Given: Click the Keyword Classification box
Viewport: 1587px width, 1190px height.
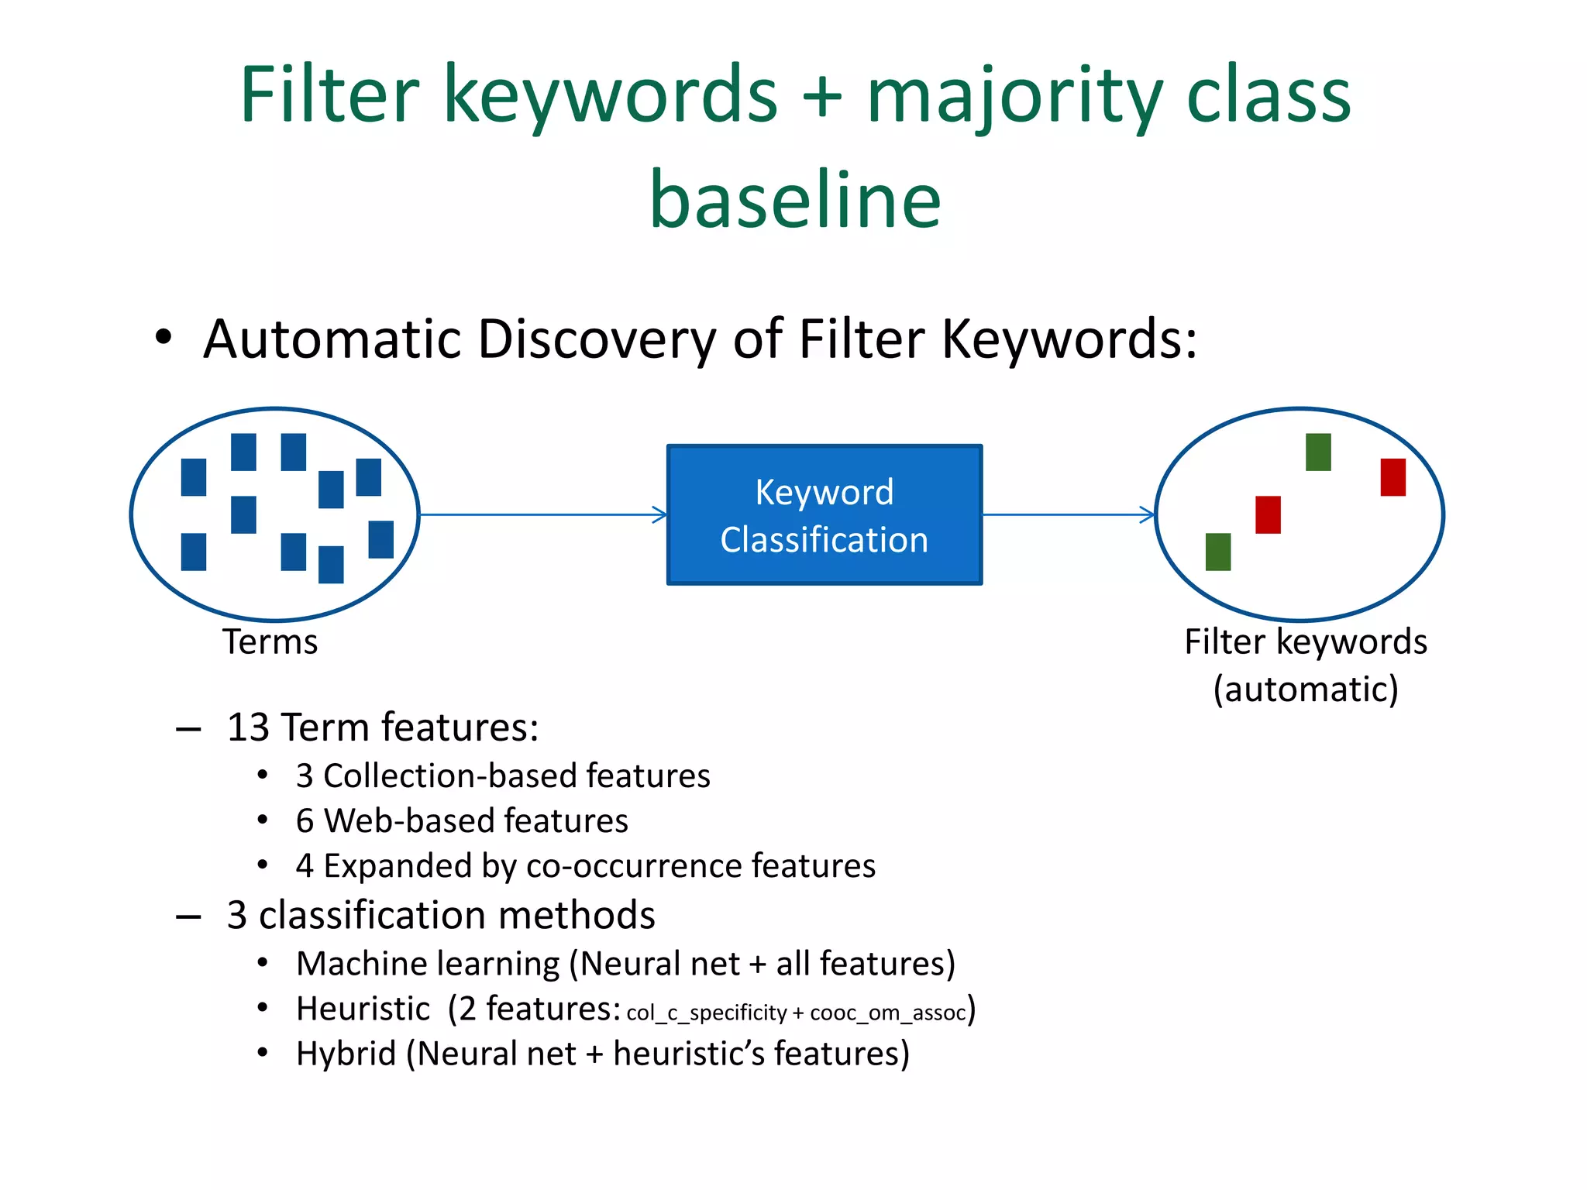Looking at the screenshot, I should [x=824, y=515].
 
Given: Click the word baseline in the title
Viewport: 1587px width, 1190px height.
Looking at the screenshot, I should [x=795, y=200].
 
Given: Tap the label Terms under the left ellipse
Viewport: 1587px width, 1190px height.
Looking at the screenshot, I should [x=270, y=642].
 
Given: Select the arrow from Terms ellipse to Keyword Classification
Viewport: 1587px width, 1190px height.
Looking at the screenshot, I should [x=542, y=514].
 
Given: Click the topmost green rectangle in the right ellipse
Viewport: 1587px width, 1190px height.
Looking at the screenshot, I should [x=1317, y=452].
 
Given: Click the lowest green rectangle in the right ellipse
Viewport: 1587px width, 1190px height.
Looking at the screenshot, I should [x=1217, y=552].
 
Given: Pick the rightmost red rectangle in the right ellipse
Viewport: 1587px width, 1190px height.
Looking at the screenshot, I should [x=1392, y=477].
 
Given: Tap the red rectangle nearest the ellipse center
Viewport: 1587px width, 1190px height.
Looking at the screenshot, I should [x=1268, y=514].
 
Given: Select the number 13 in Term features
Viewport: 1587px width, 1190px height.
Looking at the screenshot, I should [x=248, y=728].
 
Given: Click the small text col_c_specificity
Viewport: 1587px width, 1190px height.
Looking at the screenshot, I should [x=706, y=1013].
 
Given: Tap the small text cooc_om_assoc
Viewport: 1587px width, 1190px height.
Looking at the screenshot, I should [x=887, y=1013].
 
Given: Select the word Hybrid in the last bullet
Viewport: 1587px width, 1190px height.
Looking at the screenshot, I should [x=346, y=1054].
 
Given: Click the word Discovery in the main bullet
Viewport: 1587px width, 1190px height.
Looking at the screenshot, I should [x=597, y=339].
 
